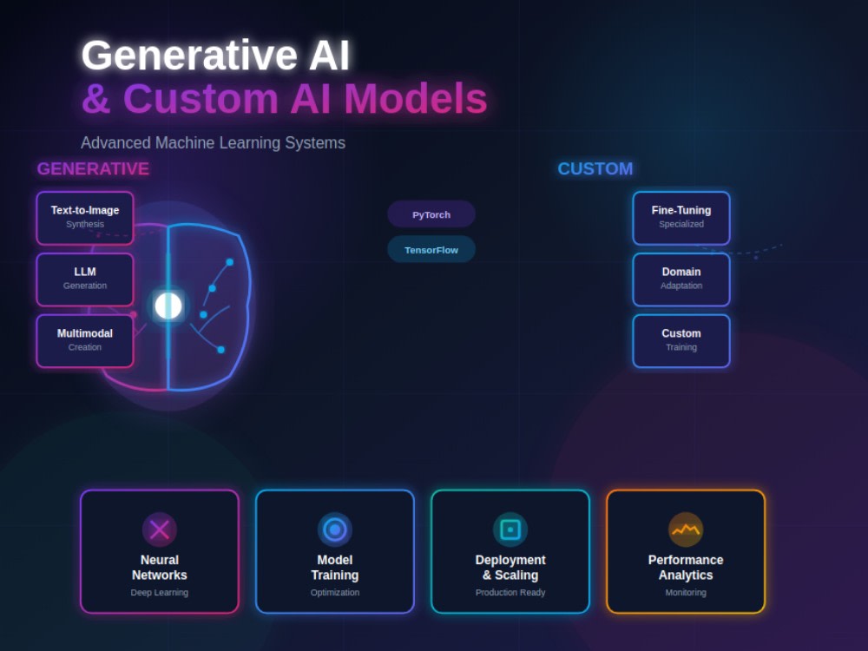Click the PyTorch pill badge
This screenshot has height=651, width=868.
(x=431, y=214)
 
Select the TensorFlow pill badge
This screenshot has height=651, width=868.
(x=431, y=250)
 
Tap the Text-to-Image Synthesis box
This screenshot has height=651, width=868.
(x=85, y=218)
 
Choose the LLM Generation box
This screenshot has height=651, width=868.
(x=85, y=279)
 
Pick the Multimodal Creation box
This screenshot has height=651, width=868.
(x=85, y=341)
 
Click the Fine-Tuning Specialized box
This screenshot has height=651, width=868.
(x=681, y=218)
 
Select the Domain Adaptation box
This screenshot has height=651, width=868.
(x=681, y=279)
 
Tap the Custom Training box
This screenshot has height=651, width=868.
(x=681, y=341)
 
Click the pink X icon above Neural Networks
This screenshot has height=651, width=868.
(x=160, y=529)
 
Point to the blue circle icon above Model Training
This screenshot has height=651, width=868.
(x=335, y=529)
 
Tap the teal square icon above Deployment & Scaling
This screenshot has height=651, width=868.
(x=510, y=529)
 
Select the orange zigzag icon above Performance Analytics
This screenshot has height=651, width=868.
(x=686, y=529)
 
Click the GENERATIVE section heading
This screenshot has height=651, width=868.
(x=93, y=169)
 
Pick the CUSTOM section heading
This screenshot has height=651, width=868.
(x=595, y=169)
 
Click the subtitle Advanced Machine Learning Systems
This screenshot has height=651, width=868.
(x=214, y=143)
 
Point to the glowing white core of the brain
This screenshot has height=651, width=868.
(x=168, y=306)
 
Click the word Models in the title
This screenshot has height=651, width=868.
(x=416, y=99)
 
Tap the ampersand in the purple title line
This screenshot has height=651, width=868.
(x=96, y=99)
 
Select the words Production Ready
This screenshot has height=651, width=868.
(x=510, y=592)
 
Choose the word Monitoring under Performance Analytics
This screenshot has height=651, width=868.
(x=686, y=592)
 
